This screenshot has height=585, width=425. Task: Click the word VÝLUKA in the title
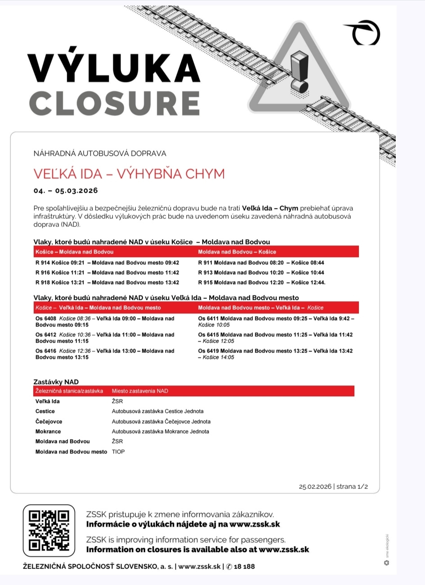click(114, 68)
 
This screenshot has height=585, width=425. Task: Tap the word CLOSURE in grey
click(115, 104)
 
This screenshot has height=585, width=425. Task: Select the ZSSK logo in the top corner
click(363, 33)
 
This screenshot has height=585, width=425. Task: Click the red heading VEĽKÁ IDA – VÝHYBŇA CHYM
click(129, 174)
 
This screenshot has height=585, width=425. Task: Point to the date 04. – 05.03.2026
click(66, 190)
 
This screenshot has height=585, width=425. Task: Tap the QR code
click(49, 531)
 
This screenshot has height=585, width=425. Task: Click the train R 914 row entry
click(107, 263)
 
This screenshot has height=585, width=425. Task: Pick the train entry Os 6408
click(105, 322)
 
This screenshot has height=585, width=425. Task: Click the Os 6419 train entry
click(275, 354)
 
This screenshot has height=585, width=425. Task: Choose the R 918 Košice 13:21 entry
click(107, 282)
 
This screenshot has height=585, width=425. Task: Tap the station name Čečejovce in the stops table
click(49, 422)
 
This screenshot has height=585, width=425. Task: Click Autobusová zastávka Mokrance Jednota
click(161, 431)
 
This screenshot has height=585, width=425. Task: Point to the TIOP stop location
click(118, 452)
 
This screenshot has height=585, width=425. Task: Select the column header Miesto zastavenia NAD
click(140, 391)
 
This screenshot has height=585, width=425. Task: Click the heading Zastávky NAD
click(56, 382)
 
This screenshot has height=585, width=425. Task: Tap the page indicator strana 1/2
click(352, 486)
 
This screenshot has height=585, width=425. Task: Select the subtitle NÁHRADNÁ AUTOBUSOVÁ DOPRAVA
click(100, 154)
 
